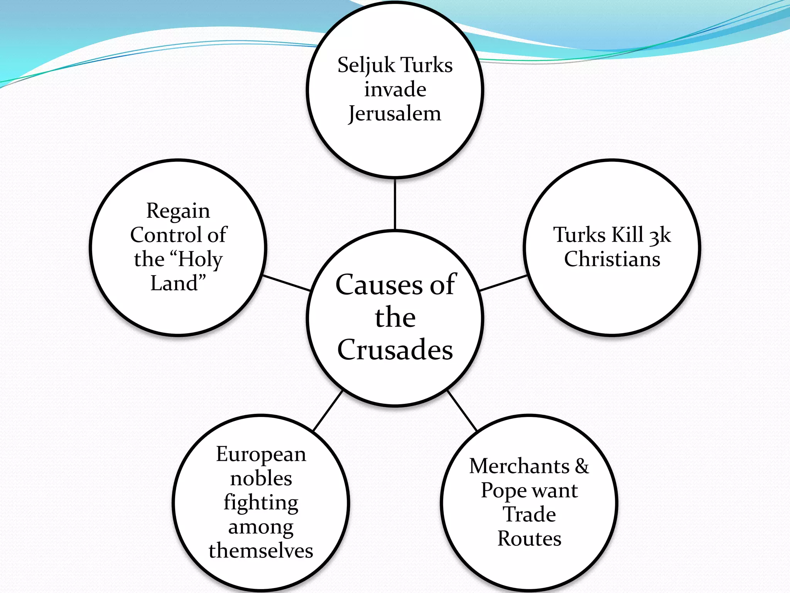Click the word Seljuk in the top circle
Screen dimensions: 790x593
(x=366, y=65)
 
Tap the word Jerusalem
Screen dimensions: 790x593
(x=394, y=114)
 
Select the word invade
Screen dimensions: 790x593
(x=395, y=89)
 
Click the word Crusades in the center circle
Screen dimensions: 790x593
(x=395, y=349)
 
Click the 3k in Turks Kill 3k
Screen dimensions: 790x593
(x=660, y=235)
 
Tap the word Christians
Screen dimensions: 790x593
(x=612, y=259)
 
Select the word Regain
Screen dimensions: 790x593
(x=178, y=211)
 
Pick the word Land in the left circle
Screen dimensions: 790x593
(x=174, y=283)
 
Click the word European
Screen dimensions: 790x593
(x=261, y=454)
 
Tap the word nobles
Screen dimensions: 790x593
(x=261, y=478)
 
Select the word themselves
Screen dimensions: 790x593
(x=261, y=551)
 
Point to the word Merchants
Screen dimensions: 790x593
(x=519, y=466)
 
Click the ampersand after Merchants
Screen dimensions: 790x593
(x=582, y=466)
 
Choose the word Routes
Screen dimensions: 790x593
(x=529, y=539)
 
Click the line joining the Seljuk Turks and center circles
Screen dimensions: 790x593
(x=395, y=204)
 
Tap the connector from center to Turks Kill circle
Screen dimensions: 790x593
(x=503, y=283)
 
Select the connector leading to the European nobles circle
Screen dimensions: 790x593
(x=327, y=411)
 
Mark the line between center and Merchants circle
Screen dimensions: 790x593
(x=462, y=411)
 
